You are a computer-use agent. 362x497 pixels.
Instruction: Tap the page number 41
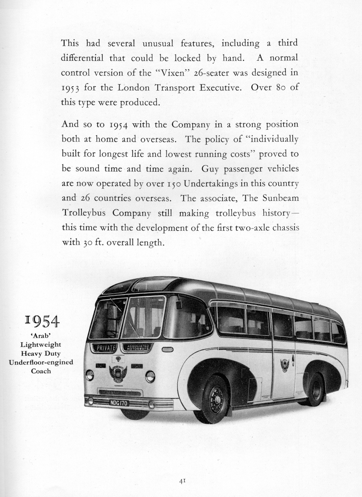click(x=182, y=481)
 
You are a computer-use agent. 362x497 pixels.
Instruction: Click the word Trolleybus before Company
click(x=84, y=213)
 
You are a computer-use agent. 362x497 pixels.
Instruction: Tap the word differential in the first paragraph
click(x=82, y=58)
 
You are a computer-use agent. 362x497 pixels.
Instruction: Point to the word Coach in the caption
click(x=41, y=371)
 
